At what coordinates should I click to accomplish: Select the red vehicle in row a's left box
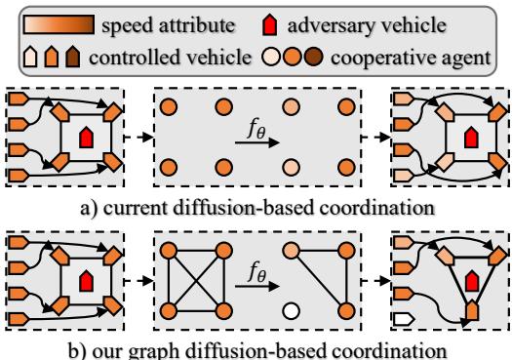[x=87, y=134]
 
